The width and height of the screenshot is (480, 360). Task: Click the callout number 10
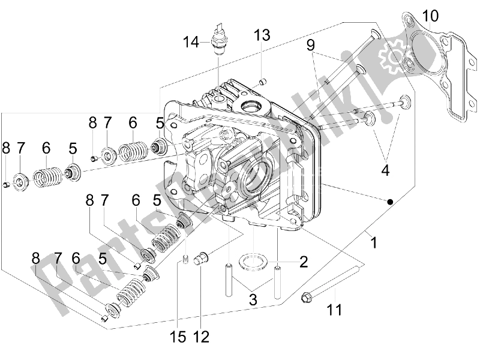pyautogui.click(x=430, y=16)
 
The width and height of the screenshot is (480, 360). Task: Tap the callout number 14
pyautogui.click(x=191, y=42)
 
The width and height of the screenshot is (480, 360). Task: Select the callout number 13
pyautogui.click(x=262, y=35)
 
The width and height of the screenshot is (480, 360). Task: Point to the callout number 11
pyautogui.click(x=334, y=310)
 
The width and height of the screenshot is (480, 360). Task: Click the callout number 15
pyautogui.click(x=178, y=337)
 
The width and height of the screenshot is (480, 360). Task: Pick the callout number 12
pyautogui.click(x=201, y=337)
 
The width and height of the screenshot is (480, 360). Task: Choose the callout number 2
pyautogui.click(x=304, y=262)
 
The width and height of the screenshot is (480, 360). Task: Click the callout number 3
pyautogui.click(x=253, y=299)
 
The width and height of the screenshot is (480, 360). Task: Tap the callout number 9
pyautogui.click(x=310, y=45)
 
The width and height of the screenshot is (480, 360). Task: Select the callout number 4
pyautogui.click(x=385, y=170)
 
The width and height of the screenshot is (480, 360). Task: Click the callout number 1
pyautogui.click(x=373, y=242)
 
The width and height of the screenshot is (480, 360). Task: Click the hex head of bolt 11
pyautogui.click(x=305, y=297)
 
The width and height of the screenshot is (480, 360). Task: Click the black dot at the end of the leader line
pyautogui.click(x=389, y=202)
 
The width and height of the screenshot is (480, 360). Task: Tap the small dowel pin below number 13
pyautogui.click(x=262, y=82)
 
